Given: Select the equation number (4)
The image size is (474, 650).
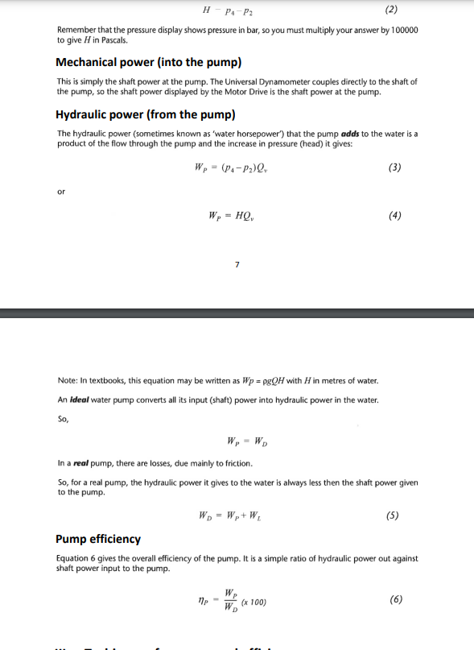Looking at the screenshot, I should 394,215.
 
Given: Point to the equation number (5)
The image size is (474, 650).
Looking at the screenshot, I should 394,515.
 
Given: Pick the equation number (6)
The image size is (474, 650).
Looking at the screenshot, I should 395,600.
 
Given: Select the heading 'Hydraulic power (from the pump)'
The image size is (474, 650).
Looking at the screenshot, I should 145,114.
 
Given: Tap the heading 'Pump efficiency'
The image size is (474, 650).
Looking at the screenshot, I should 98,539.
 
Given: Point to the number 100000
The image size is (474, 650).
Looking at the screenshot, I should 402,30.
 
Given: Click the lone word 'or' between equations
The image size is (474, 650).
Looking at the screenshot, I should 61,192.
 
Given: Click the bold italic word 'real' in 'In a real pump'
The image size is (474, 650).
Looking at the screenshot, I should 82,463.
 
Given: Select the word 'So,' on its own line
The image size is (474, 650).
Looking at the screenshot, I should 64,419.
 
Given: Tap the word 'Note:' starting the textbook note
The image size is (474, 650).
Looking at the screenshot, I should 68,380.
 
